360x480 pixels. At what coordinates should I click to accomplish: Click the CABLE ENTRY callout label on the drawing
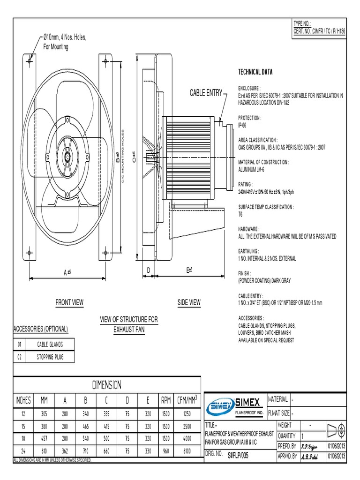click(x=205, y=93)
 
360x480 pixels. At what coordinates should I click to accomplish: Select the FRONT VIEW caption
click(x=69, y=302)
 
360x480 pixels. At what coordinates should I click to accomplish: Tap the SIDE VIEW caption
click(x=189, y=302)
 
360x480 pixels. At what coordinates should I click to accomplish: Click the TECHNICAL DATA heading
click(x=255, y=72)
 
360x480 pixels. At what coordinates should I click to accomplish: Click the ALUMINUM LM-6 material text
click(x=251, y=170)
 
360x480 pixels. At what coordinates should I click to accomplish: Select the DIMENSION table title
click(x=106, y=385)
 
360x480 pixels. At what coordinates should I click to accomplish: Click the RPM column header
click(x=166, y=400)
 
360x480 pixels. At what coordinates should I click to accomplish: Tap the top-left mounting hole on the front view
click(x=30, y=60)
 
